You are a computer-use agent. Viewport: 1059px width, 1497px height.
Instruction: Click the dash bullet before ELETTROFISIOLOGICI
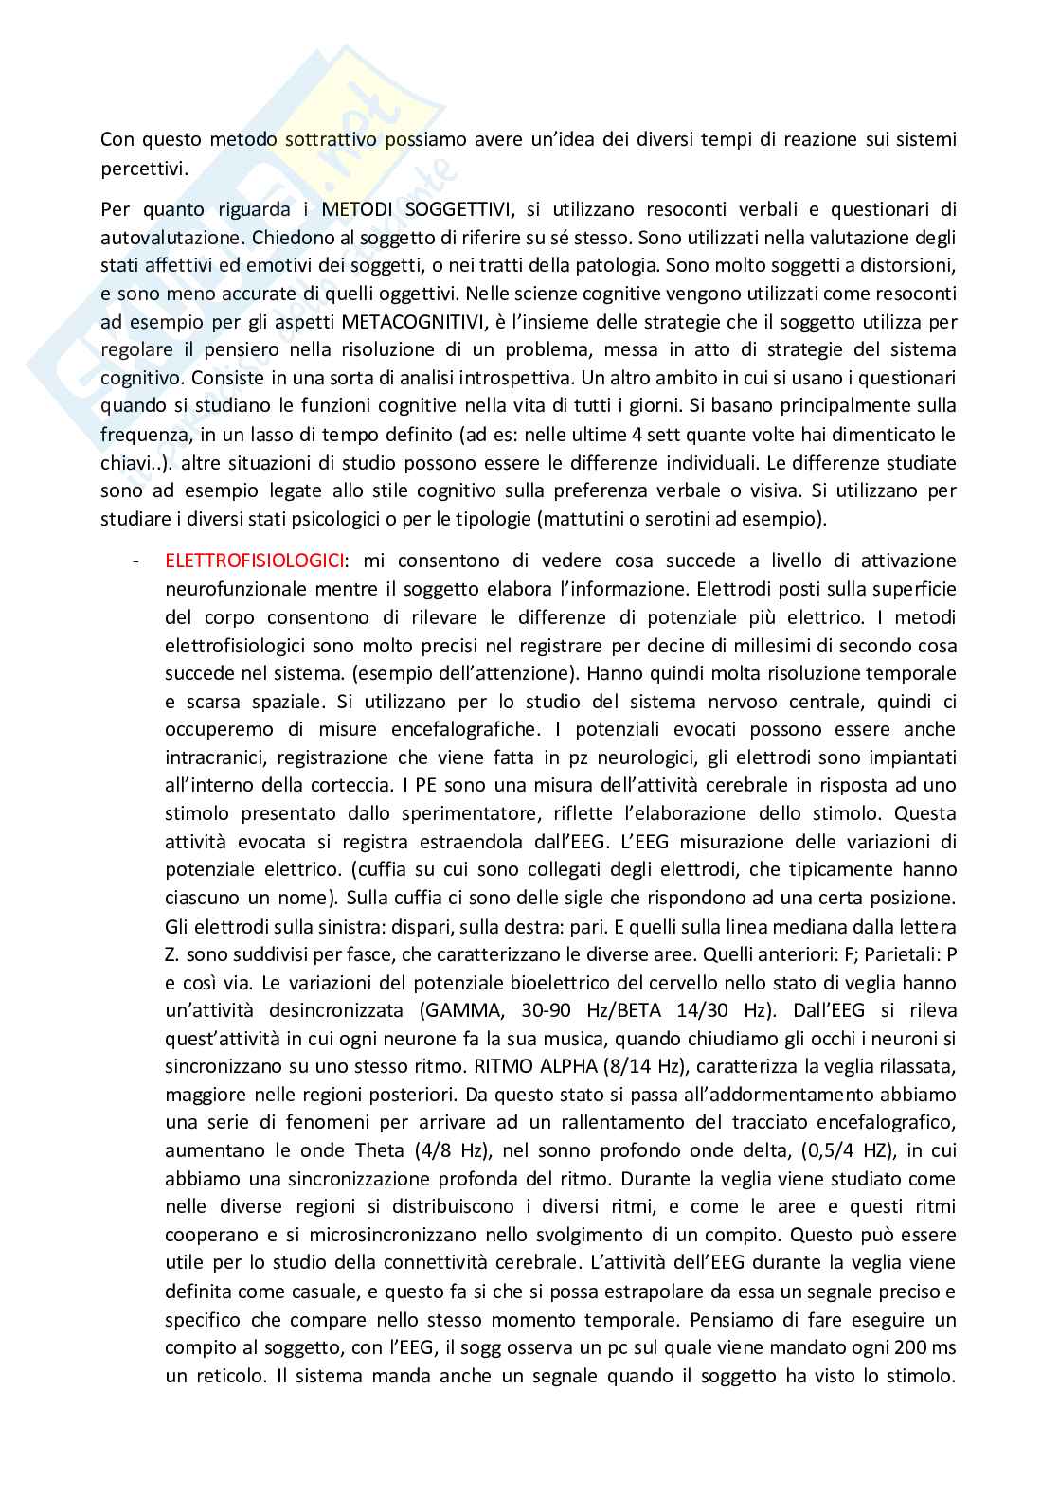coord(138,561)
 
